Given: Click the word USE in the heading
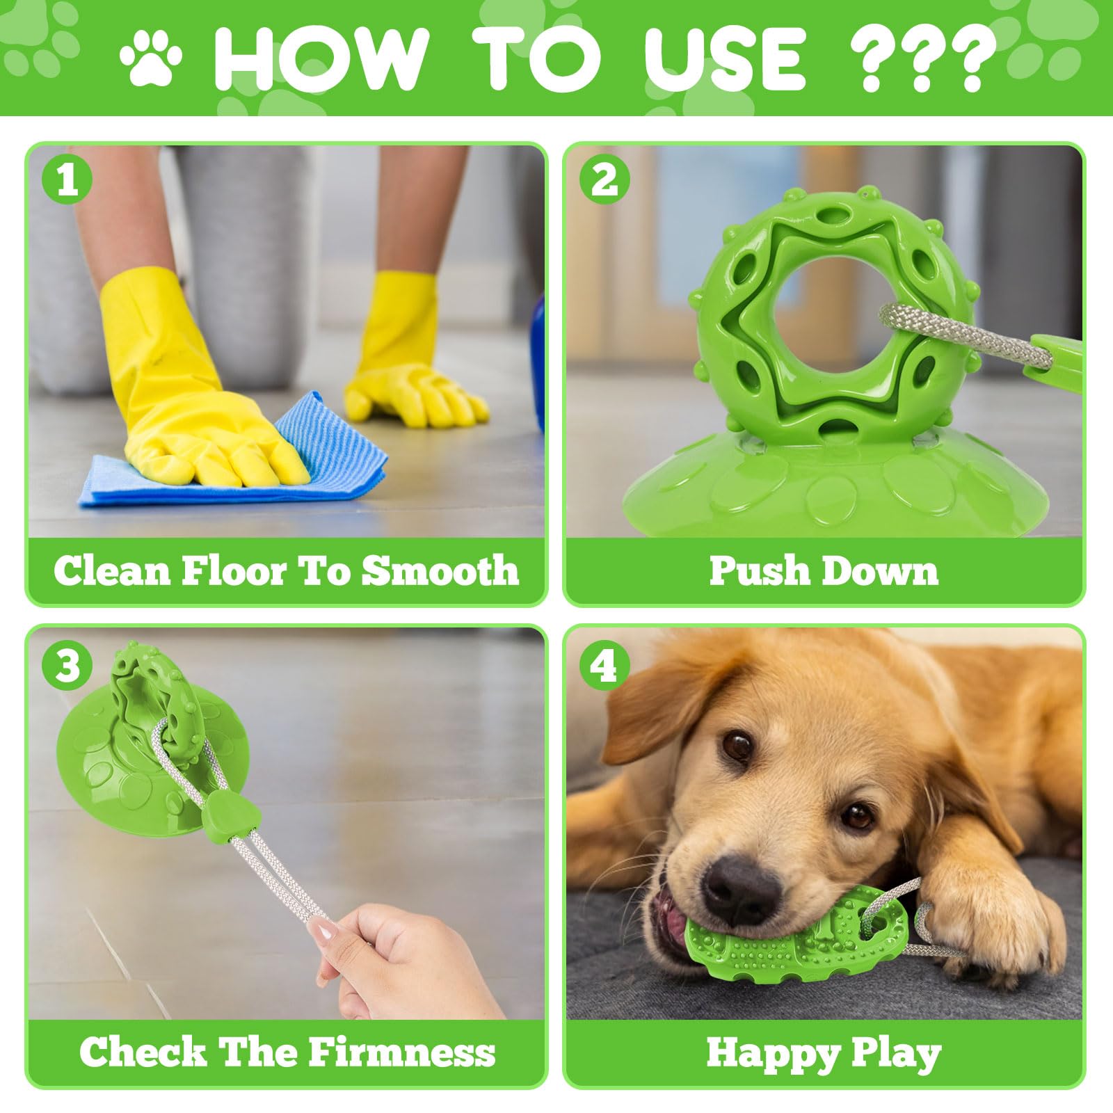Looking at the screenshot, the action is click(x=725, y=61).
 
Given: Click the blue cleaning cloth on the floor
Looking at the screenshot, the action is click(x=233, y=456).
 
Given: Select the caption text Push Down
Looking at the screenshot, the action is click(x=824, y=571).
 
